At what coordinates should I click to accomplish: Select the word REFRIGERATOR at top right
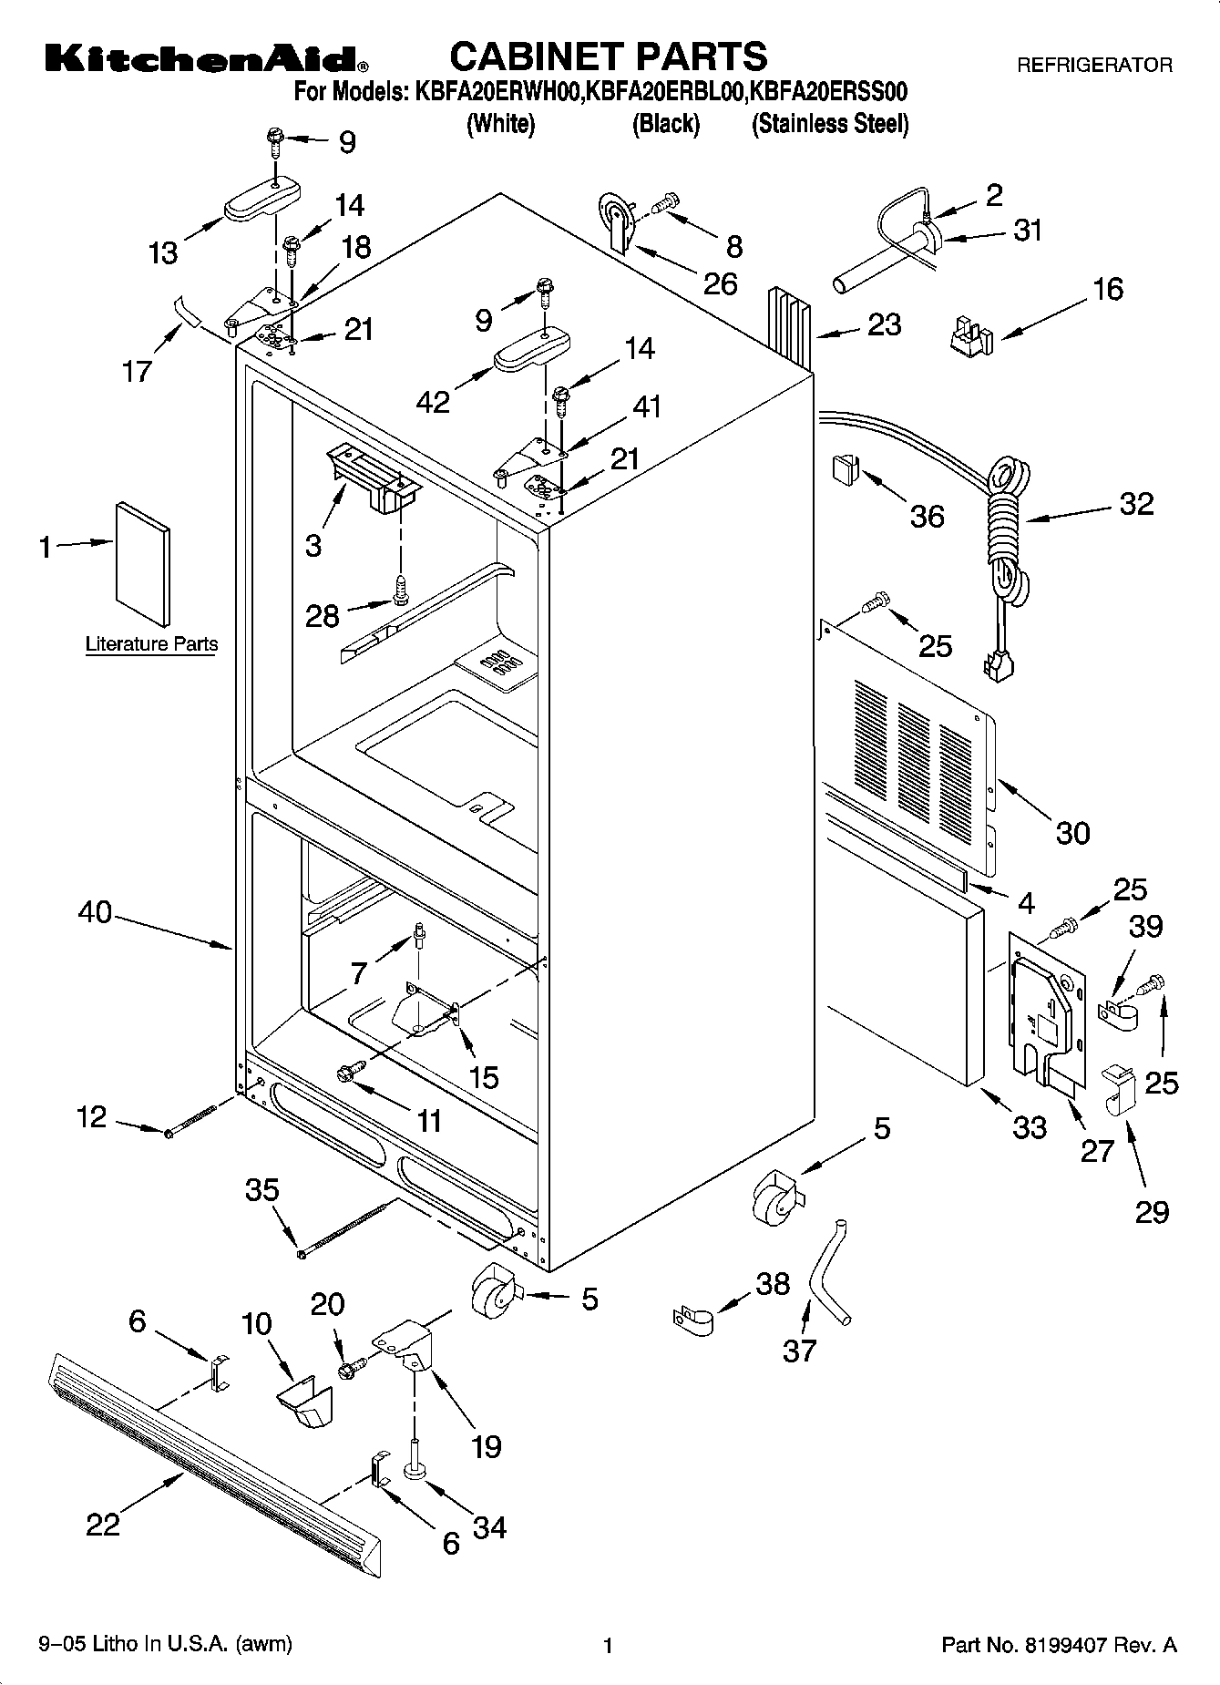point(1093,66)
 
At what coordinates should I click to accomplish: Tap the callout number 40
point(96,911)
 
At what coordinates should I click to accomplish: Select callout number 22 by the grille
point(103,1524)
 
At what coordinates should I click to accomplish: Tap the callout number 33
point(1030,1127)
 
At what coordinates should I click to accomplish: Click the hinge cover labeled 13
point(262,200)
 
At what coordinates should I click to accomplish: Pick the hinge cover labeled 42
point(533,351)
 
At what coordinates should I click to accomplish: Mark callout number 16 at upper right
point(1108,290)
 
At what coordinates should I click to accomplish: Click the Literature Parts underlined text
point(151,644)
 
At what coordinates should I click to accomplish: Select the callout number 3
point(313,546)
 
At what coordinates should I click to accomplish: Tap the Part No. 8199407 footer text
point(1058,1645)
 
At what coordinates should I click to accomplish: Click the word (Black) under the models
point(666,124)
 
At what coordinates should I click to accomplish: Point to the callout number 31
point(1028,231)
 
